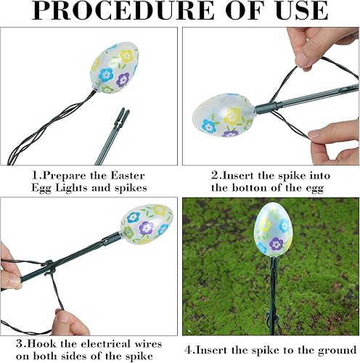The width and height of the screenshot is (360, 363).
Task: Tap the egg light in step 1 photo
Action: (x=115, y=69)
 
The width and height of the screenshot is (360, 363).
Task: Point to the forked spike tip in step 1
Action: (x=121, y=115)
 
